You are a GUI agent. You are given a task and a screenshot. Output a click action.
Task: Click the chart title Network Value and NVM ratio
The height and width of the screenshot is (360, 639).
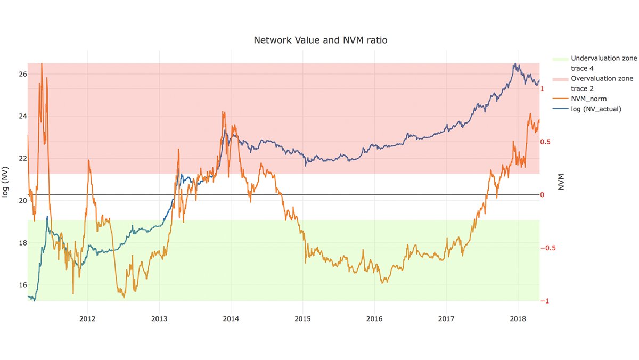[x=319, y=40]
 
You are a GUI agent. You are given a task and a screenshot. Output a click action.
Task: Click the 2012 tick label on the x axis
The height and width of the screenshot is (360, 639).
[x=87, y=319]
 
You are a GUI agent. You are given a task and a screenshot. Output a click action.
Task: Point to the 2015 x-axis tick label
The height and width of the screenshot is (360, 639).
[x=303, y=319]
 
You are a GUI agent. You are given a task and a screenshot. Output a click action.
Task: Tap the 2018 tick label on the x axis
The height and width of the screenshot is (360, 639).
[x=518, y=319]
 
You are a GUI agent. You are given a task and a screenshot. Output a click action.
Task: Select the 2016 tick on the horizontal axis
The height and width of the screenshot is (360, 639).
[x=375, y=319]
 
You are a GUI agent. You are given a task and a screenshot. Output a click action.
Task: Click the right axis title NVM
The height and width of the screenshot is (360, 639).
[x=561, y=182]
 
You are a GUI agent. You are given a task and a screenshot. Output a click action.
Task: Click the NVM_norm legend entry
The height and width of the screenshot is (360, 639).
[x=588, y=99]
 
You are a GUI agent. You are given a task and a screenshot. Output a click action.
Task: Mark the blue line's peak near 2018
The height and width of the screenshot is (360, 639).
[x=514, y=64]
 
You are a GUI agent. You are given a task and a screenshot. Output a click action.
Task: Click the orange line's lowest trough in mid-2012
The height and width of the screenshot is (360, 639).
[x=124, y=297]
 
